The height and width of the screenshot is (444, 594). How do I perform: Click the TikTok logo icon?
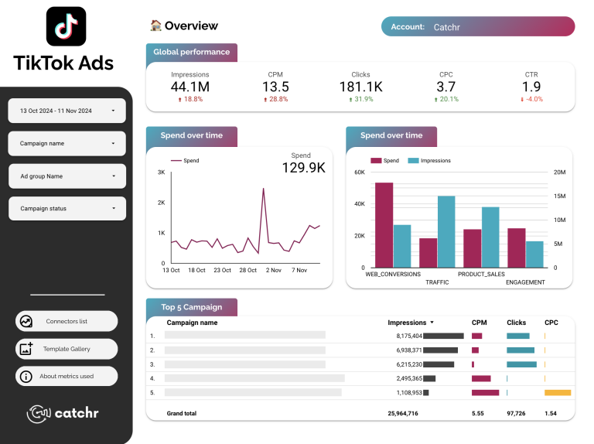(66, 26)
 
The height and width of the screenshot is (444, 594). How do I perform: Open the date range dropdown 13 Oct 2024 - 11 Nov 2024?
(67, 111)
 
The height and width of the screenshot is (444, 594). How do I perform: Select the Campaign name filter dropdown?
(67, 143)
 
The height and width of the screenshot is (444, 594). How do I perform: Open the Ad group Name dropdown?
(67, 176)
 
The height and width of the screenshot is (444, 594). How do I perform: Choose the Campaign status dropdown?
(67, 208)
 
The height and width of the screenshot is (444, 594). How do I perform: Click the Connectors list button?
(67, 321)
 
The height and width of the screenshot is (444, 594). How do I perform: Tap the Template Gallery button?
(67, 349)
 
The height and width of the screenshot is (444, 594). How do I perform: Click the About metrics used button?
(67, 377)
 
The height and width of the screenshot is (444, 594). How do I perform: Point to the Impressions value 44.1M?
(190, 87)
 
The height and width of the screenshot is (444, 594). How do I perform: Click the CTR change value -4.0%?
(531, 99)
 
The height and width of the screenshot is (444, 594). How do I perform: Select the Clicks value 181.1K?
(360, 87)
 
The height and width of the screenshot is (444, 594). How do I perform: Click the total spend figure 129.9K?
(303, 167)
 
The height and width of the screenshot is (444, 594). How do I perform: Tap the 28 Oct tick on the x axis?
(248, 270)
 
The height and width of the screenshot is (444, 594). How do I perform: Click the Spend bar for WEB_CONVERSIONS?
(384, 225)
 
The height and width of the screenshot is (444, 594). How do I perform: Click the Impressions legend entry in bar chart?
(435, 161)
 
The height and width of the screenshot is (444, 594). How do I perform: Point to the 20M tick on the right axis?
(559, 172)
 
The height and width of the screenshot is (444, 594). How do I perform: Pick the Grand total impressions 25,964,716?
(403, 413)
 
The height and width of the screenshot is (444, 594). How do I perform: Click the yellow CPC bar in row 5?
(558, 392)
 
